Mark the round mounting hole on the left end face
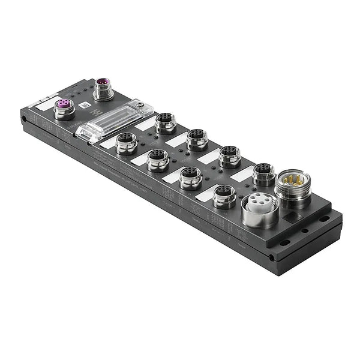25,119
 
